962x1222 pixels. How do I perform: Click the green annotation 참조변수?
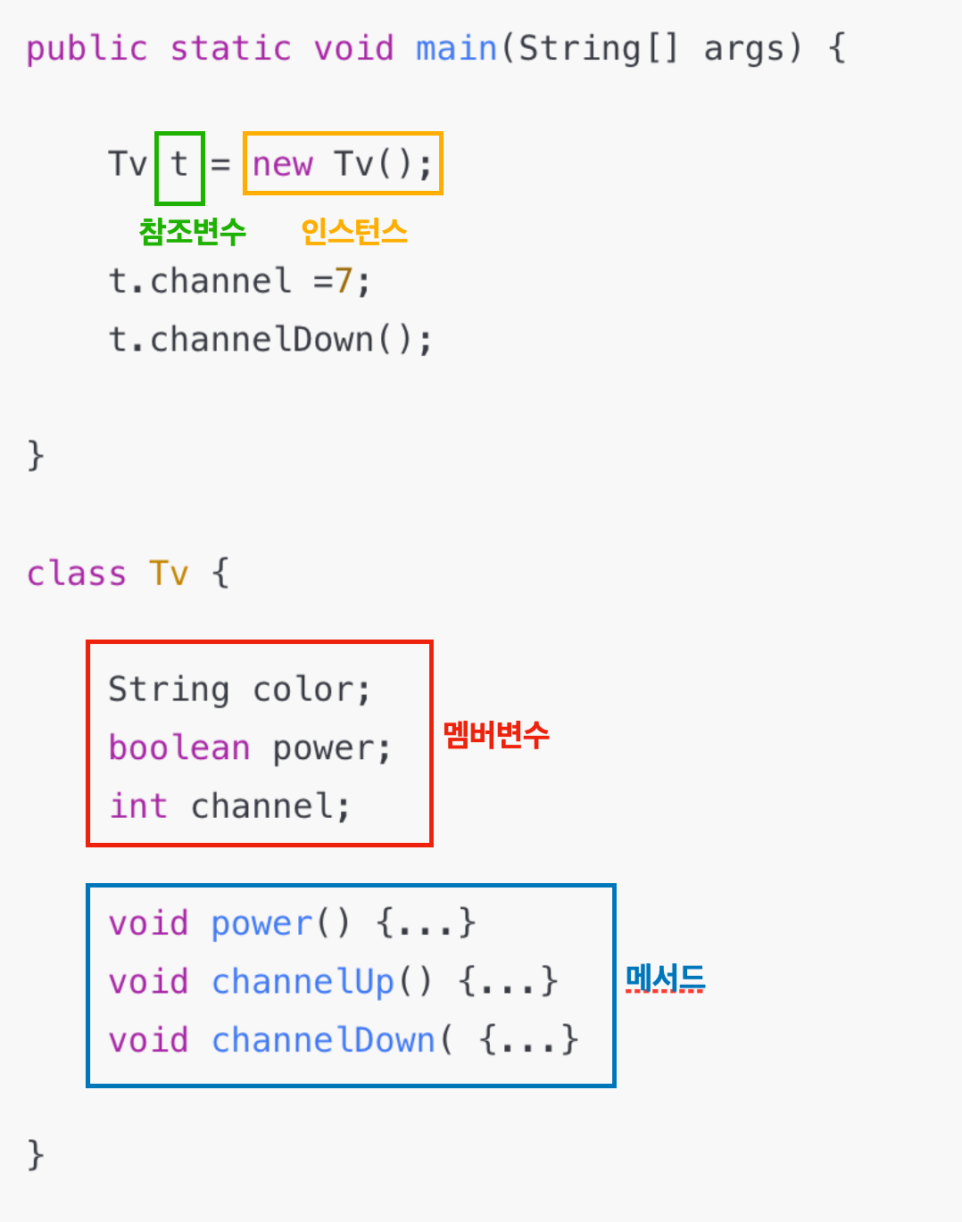192,232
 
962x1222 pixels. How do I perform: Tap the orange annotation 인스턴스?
353,232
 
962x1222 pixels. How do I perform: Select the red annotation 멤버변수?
496,735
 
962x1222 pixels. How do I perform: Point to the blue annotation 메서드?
665,978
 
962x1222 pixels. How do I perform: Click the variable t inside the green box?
179,165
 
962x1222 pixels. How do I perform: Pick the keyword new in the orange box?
283,165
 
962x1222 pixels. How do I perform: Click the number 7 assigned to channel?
344,282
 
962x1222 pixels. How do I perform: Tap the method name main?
456,48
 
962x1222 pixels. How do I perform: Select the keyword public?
87,48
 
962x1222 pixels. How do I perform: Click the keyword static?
230,48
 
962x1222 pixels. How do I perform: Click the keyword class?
77,574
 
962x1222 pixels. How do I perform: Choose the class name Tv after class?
169,574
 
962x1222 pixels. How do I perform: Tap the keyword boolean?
178,747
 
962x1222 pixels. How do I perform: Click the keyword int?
138,806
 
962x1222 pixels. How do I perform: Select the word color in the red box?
304,689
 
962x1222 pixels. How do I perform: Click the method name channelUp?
303,982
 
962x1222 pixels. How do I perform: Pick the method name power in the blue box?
261,924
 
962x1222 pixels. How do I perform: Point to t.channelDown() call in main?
270,340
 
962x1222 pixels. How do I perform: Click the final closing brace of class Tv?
36,1154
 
